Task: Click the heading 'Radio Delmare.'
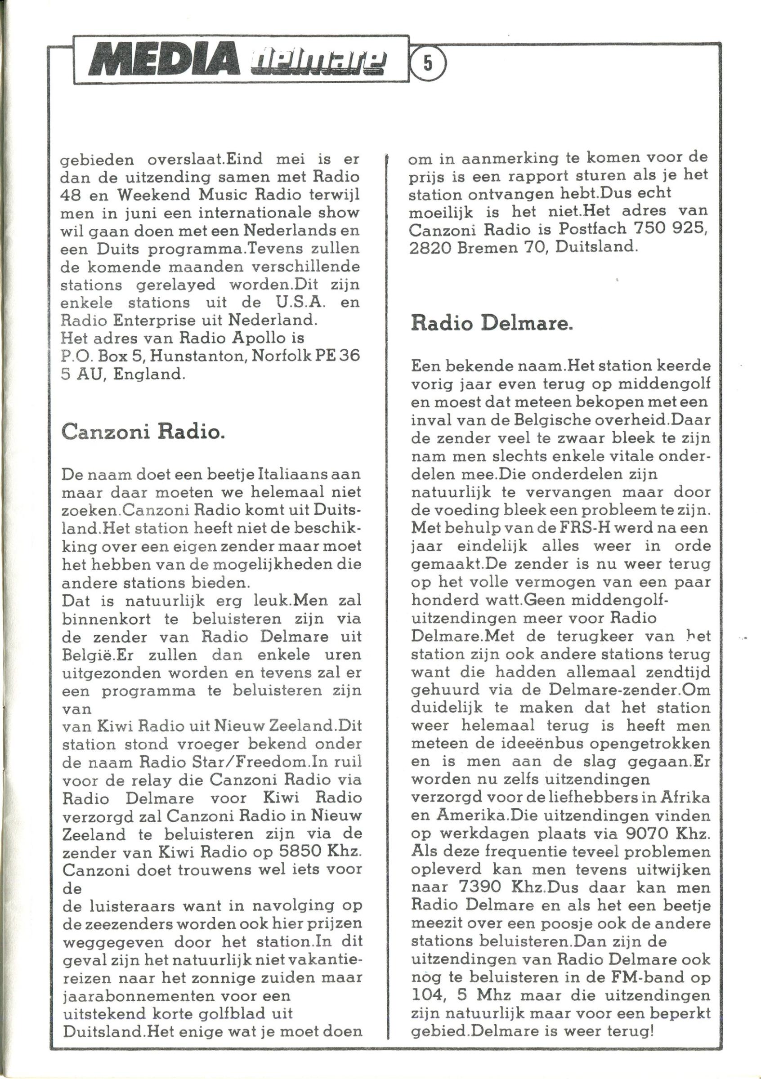click(x=492, y=324)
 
